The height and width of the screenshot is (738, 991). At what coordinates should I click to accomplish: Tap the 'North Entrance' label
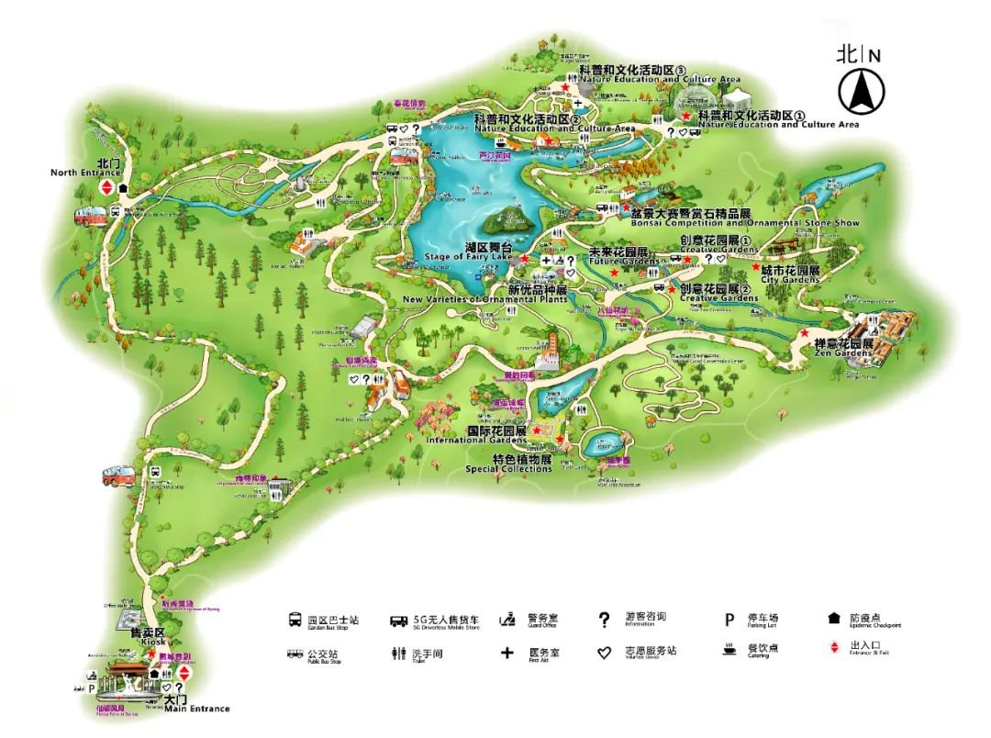tap(85, 173)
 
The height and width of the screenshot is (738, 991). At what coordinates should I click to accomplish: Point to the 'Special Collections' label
tap(508, 469)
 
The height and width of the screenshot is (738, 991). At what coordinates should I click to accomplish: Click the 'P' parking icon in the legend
tap(729, 621)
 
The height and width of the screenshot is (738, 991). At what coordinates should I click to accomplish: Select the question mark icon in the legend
tap(604, 621)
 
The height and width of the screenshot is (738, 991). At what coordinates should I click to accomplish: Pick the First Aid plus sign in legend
tap(507, 653)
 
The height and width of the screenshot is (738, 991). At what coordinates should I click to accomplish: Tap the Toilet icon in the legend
tap(397, 654)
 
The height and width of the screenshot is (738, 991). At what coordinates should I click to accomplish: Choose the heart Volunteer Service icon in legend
tap(604, 653)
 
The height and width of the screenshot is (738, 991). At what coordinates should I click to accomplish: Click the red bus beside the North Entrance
tap(90, 217)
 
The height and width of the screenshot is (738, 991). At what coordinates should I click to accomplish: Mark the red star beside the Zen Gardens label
tap(805, 332)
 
